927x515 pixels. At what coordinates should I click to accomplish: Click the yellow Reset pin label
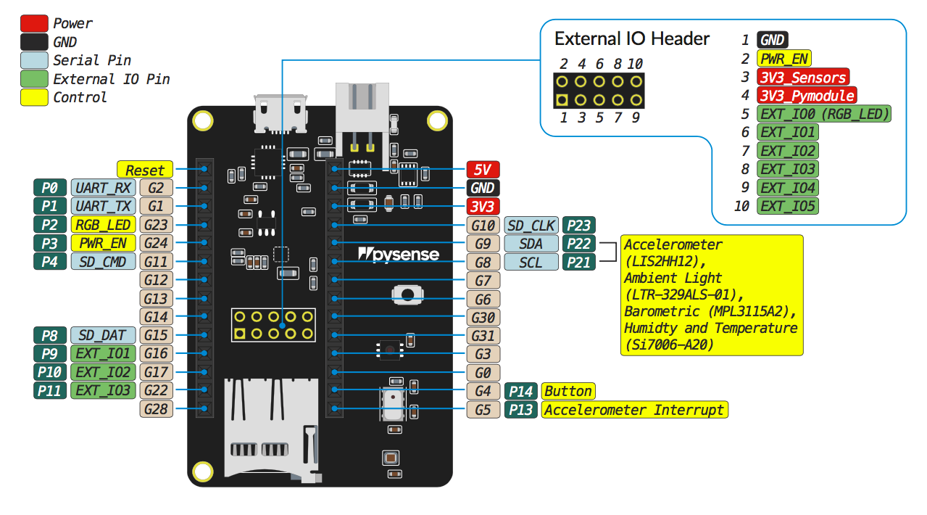pos(145,170)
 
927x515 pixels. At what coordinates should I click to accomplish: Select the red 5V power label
pos(483,170)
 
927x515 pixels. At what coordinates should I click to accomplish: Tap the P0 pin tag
pos(50,188)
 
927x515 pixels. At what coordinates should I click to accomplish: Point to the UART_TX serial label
pos(103,207)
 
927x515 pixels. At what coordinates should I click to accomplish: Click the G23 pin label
pos(156,225)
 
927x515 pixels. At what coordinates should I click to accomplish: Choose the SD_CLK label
pos(531,225)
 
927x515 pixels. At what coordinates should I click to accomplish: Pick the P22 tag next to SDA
pos(579,244)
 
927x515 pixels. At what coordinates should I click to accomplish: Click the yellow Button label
pos(568,392)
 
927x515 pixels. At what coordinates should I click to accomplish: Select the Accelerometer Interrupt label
pos(633,410)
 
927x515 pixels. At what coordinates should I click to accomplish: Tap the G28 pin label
pos(156,410)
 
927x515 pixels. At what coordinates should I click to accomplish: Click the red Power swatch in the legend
pos(35,24)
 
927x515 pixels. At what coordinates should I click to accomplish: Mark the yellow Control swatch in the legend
pos(35,97)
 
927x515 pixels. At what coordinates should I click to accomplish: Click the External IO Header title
pos(631,38)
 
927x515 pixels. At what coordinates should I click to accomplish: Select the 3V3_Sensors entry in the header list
pos(802,77)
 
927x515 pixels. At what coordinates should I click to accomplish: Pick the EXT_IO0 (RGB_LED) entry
pos(823,114)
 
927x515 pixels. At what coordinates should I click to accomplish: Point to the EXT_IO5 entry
pos(787,206)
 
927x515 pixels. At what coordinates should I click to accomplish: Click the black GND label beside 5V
pos(483,188)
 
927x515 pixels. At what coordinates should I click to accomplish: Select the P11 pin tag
pos(50,391)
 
